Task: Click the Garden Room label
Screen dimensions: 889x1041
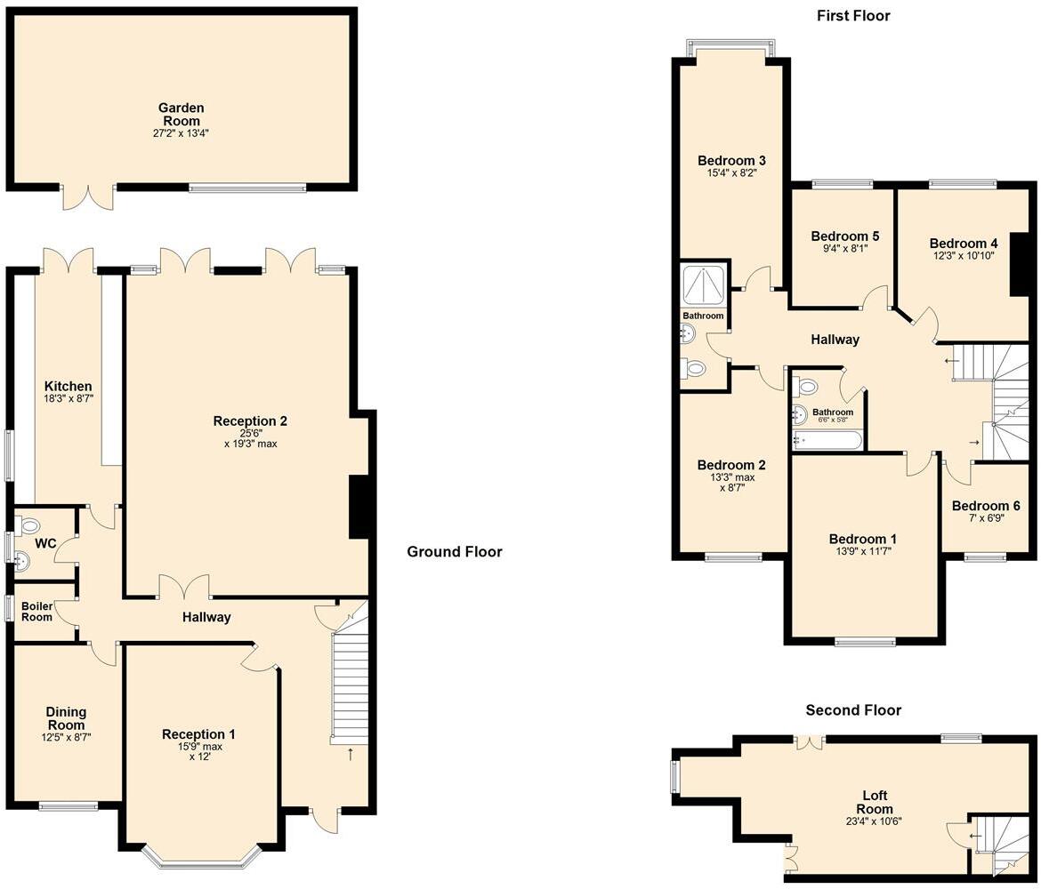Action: [x=181, y=114]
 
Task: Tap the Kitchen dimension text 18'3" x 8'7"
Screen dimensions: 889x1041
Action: [x=69, y=399]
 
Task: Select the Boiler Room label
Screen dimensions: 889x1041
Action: [x=38, y=611]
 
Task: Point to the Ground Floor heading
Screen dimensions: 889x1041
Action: [x=454, y=552]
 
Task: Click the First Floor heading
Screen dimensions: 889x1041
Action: [x=852, y=15]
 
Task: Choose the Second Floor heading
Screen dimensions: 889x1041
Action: [x=852, y=709]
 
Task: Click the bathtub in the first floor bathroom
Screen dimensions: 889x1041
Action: [x=827, y=439]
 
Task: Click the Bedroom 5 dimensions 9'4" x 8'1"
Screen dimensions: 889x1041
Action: [x=844, y=249]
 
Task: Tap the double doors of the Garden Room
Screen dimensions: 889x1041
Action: [x=88, y=197]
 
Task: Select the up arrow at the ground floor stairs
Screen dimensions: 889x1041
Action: [x=350, y=755]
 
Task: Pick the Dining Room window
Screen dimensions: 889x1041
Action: [x=69, y=806]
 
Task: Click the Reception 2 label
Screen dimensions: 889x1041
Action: [x=250, y=421]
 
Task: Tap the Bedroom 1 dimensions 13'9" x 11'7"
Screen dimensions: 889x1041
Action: [x=862, y=552]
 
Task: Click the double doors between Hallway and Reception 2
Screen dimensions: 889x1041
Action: [x=185, y=587]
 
